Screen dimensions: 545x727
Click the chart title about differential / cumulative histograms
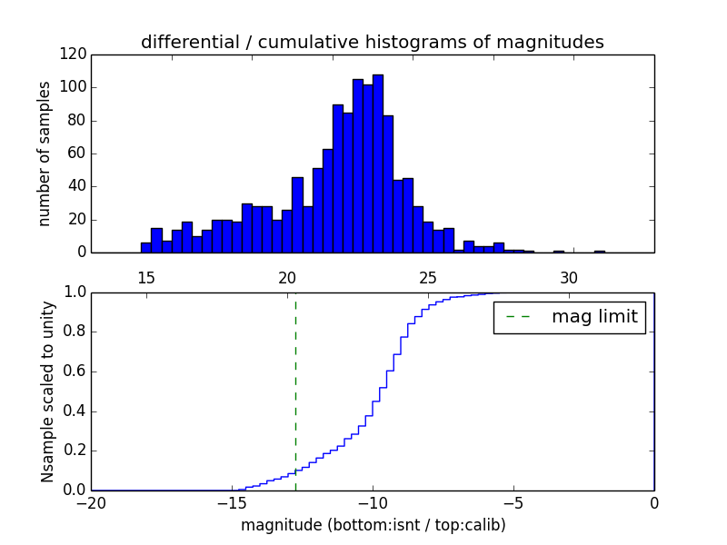(x=373, y=42)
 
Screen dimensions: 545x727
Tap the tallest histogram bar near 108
(x=378, y=163)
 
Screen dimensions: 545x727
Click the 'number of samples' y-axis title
(x=45, y=154)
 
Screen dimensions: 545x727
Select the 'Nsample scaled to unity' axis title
(x=47, y=391)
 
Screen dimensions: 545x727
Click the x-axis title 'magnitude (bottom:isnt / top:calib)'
(x=373, y=525)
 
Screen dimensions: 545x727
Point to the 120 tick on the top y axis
(x=74, y=54)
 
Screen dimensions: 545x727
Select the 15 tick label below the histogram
(x=146, y=277)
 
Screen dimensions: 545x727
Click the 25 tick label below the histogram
(x=428, y=277)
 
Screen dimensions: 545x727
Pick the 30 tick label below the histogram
(x=569, y=277)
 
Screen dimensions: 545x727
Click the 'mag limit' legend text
(x=594, y=317)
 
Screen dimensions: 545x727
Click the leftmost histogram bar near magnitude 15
(x=145, y=247)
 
